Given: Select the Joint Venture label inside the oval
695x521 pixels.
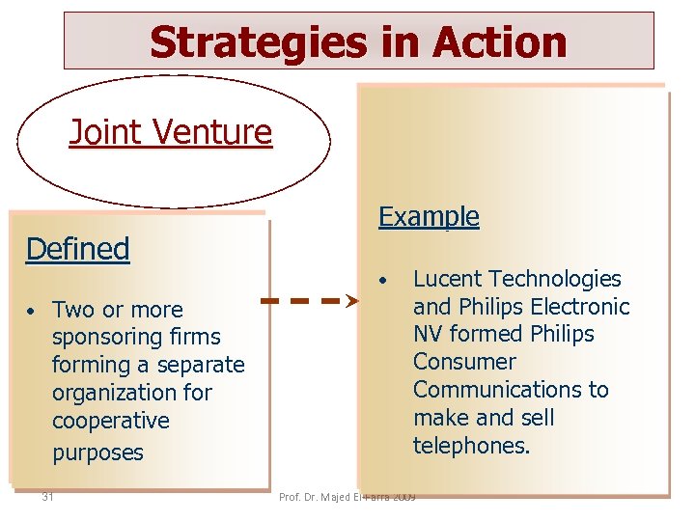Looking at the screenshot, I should click(171, 132).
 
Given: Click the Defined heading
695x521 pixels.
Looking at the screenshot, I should click(77, 249).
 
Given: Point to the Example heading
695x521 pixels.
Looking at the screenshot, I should click(429, 216).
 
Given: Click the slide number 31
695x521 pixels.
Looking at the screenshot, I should click(47, 497).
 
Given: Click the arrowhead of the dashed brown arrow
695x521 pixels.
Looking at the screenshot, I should click(352, 301).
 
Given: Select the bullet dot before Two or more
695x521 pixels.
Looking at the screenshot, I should click(31, 312).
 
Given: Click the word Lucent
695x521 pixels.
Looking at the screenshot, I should click(448, 279).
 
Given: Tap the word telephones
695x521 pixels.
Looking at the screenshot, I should click(471, 446).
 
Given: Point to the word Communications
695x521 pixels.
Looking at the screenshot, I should click(511, 390).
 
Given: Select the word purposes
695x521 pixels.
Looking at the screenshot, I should click(97, 452).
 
